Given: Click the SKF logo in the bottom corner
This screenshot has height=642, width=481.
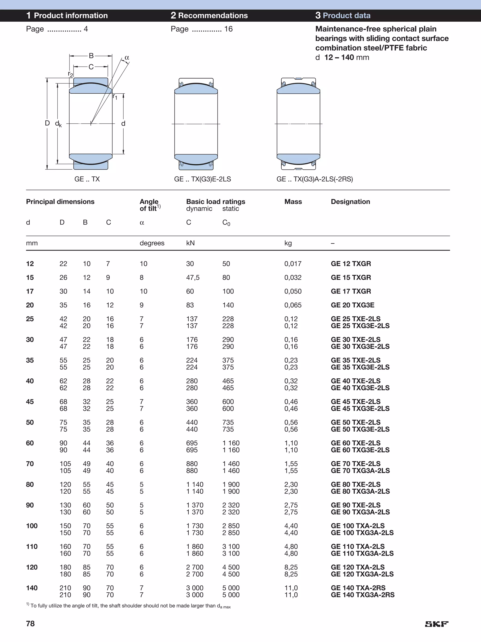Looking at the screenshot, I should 437,624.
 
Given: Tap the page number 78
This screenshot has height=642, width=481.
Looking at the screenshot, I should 31,623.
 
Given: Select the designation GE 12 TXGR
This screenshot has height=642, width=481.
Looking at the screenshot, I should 351,264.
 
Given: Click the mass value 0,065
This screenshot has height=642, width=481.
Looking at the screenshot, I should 293,305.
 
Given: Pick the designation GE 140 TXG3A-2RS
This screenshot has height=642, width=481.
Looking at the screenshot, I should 363,595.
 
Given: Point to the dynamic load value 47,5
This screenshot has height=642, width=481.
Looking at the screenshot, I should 193,277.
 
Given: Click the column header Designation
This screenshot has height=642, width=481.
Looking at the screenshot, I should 350,202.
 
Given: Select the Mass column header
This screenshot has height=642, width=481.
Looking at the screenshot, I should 293,202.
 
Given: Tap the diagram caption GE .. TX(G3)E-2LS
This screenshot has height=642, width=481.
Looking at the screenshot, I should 202,179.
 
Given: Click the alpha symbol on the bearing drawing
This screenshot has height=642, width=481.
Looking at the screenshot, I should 127,58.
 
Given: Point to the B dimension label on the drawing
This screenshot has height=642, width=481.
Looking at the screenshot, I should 91,55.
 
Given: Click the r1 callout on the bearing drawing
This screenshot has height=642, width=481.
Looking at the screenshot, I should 115,97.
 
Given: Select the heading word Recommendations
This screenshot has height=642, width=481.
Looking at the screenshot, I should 213,16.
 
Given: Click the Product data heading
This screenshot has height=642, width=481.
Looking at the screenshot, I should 346,16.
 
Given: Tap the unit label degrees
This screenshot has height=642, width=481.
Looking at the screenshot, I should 152,243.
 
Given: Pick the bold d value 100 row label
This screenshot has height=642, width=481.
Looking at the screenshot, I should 32,526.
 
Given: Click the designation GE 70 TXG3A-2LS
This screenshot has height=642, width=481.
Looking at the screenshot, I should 360,471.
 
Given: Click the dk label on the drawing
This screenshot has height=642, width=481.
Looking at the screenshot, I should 58,124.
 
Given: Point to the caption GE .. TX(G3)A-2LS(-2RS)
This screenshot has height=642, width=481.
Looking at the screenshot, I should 314,179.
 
